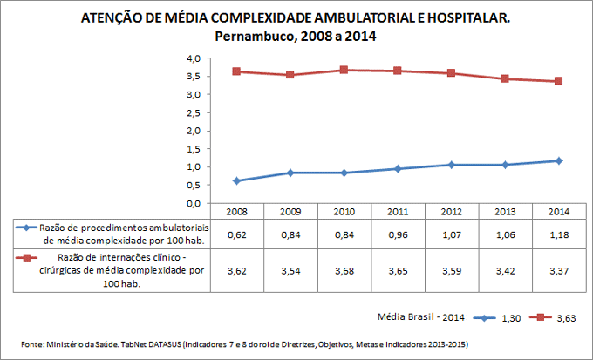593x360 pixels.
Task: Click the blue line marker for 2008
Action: click(236, 180)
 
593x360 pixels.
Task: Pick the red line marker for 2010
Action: click(344, 70)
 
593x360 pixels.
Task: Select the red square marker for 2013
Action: click(506, 79)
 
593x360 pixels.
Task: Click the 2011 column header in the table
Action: click(398, 211)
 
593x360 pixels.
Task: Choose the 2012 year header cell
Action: click(452, 211)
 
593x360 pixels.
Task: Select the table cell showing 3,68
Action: click(344, 271)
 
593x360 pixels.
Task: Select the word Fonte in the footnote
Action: click(32, 343)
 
